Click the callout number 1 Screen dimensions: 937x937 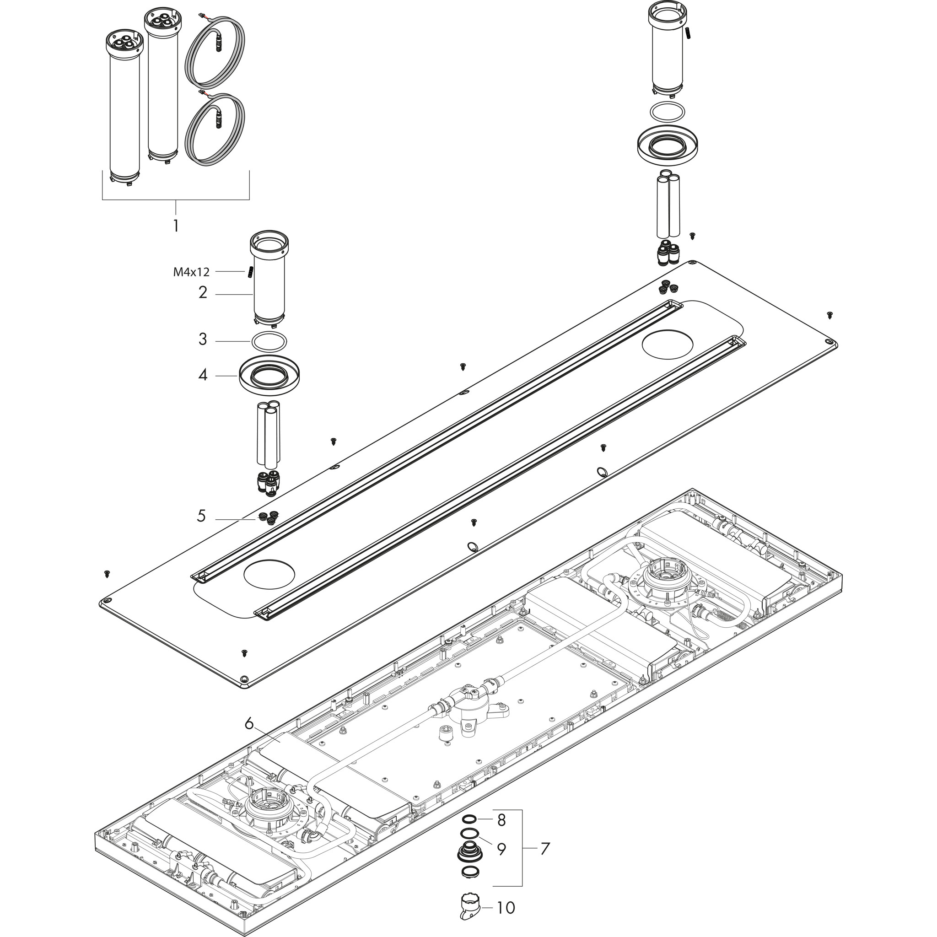pos(176,226)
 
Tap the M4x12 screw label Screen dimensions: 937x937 pos(192,272)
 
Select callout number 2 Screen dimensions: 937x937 pos(203,292)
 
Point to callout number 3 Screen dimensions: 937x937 pos(203,339)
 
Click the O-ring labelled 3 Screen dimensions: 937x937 pos(270,341)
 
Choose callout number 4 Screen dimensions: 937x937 pos(203,375)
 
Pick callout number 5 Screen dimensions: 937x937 pos(201,516)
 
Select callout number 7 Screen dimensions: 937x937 pos(545,849)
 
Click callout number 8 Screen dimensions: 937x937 pos(501,820)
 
